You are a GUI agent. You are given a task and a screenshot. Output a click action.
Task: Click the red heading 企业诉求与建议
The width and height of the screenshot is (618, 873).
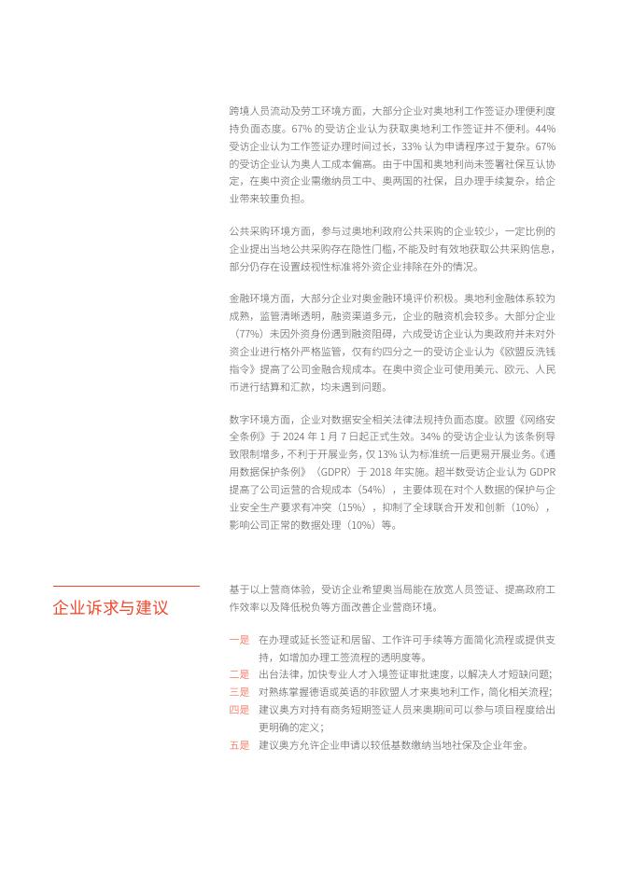(111, 608)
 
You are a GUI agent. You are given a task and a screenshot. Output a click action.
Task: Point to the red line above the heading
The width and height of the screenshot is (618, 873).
(126, 587)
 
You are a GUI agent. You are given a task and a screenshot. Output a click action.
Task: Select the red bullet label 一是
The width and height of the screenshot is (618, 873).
(239, 640)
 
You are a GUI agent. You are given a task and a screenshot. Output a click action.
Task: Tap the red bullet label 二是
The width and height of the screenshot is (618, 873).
(239, 674)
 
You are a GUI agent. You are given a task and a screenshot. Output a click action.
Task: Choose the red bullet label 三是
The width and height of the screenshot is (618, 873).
(239, 692)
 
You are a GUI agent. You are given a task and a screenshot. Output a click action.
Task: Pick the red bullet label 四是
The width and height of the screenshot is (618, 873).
(239, 710)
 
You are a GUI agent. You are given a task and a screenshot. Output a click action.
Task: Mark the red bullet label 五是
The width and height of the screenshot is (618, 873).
(239, 745)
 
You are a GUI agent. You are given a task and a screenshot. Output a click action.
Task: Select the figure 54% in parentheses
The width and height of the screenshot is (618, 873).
(372, 489)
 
